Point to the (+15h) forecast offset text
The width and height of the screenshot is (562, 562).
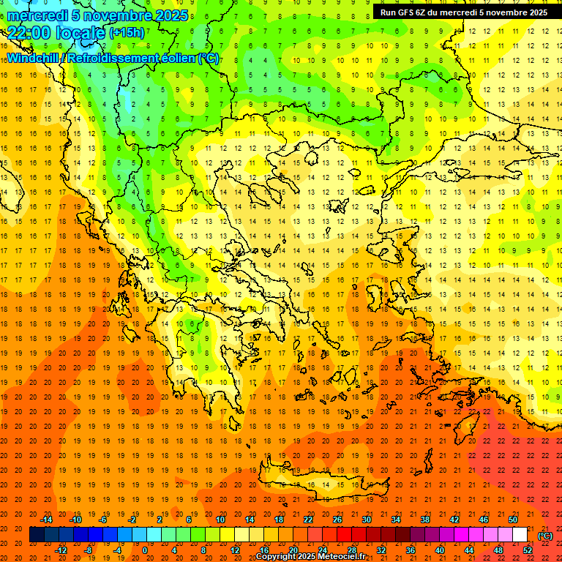tap(127, 32)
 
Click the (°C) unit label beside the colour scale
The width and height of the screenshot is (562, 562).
tap(545, 536)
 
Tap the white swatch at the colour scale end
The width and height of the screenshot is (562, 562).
tap(520, 535)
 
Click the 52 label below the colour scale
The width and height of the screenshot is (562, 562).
tap(527, 550)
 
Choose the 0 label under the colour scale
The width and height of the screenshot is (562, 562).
tap(145, 550)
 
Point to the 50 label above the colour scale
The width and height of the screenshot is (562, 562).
tap(513, 520)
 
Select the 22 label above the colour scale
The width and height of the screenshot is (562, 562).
tap(308, 520)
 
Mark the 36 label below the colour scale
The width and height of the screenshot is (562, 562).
tap(410, 550)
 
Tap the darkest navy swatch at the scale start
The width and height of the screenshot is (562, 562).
tap(37, 535)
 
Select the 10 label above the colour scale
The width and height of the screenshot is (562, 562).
tap(220, 520)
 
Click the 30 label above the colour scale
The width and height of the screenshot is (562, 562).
tap(367, 520)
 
